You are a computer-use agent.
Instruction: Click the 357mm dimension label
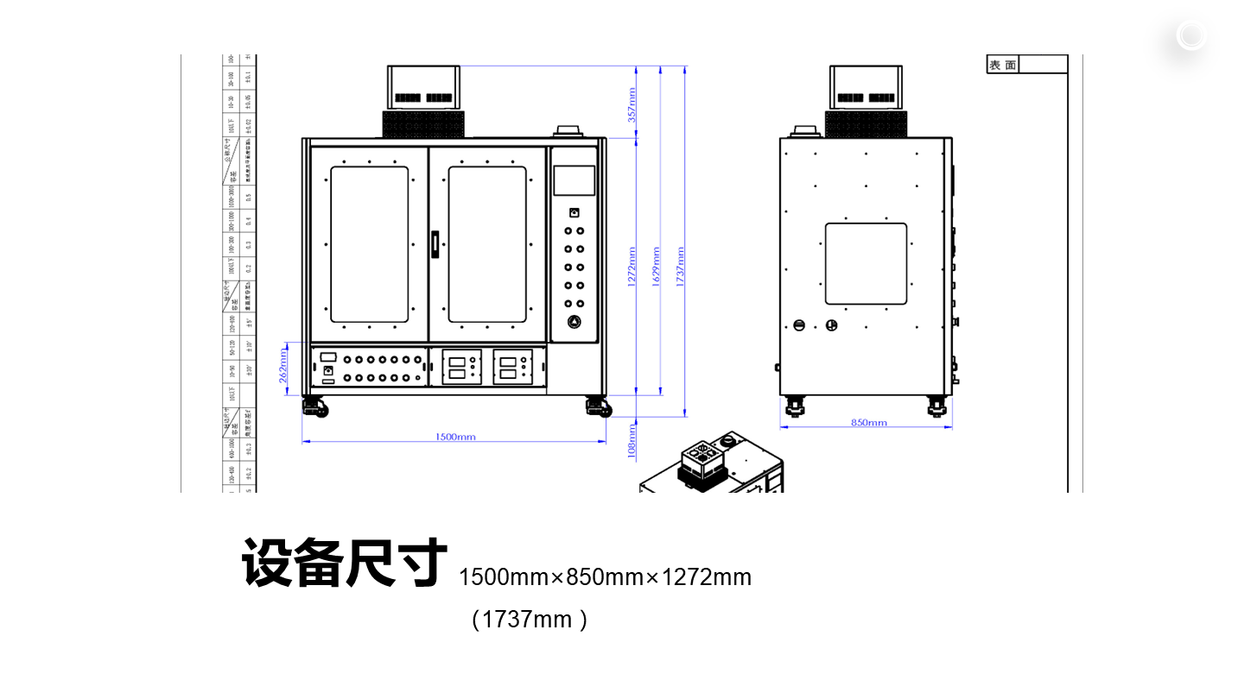pos(632,104)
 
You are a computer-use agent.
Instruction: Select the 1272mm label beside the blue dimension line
pos(632,268)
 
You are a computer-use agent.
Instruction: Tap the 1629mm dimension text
pos(656,268)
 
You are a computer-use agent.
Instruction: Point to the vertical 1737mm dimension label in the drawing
pos(680,268)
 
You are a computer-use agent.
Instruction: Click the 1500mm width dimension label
pos(455,437)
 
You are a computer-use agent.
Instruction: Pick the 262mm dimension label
pos(283,366)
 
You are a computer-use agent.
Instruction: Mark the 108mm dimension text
pos(632,439)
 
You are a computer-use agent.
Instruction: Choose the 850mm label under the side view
pos(869,423)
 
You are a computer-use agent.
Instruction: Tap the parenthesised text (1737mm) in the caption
pos(530,620)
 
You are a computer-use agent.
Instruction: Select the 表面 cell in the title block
pos(1003,65)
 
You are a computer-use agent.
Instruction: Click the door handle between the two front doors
pos(435,243)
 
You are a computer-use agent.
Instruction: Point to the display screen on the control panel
pos(574,179)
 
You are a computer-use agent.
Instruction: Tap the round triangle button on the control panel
pos(574,323)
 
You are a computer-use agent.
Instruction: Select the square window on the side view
pos(866,263)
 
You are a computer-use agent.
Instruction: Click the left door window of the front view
pos(370,244)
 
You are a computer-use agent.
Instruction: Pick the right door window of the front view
pos(487,244)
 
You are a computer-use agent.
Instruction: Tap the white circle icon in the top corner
pos(1190,35)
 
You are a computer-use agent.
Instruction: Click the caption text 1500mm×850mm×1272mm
pos(605,577)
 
